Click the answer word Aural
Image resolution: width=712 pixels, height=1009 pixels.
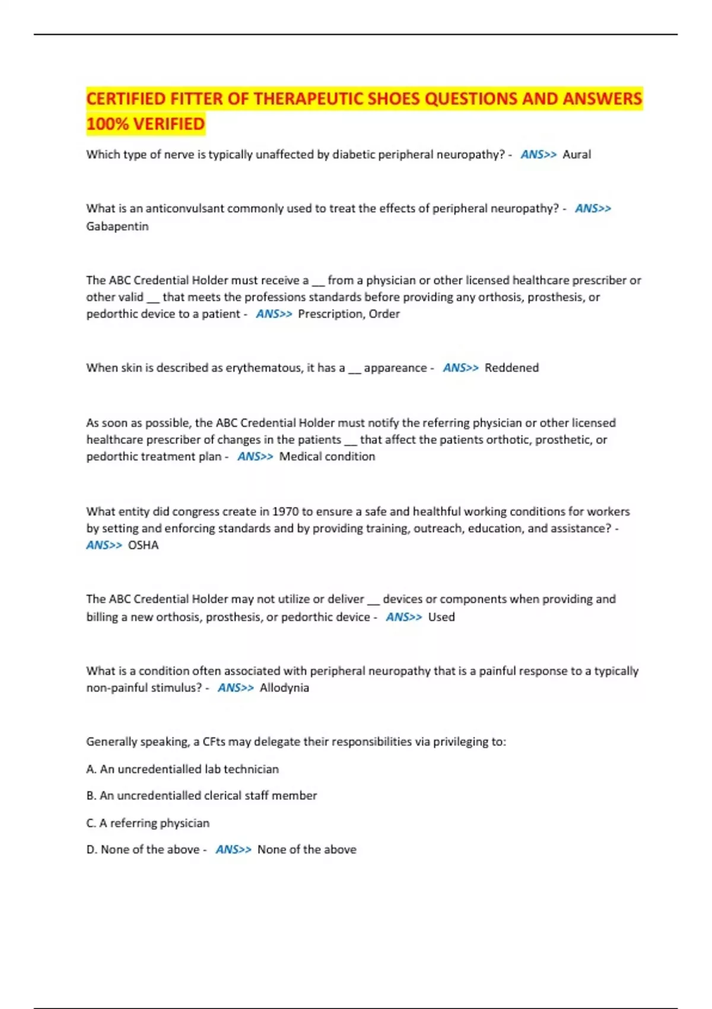click(576, 154)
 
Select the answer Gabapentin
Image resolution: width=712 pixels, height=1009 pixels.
click(117, 226)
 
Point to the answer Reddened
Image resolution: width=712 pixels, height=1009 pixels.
click(511, 367)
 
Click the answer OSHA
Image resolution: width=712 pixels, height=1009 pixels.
click(143, 545)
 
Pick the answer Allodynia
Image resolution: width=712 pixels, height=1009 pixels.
click(284, 687)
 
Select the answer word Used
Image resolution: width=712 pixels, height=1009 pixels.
click(441, 617)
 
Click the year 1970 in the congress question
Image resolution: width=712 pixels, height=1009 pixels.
click(285, 511)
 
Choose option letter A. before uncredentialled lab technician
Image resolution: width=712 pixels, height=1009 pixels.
click(91, 769)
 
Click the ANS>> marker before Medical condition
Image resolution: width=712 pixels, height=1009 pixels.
click(255, 456)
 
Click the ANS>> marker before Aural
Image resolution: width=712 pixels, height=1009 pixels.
click(538, 154)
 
